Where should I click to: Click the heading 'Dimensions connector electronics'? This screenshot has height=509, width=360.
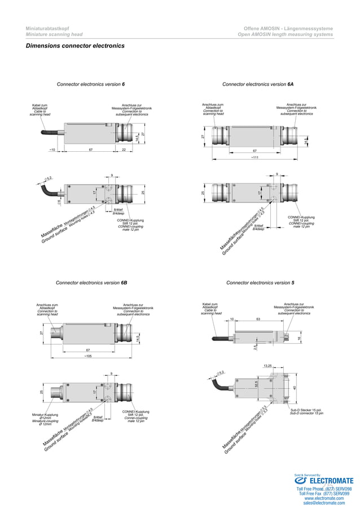coord(75,46)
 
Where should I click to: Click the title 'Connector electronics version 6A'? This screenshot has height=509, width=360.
coord(258,84)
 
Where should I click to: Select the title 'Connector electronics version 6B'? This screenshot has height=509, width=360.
coord(91,282)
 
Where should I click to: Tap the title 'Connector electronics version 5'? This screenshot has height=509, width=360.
coord(260,282)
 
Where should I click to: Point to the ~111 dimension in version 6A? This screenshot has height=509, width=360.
coord(254,157)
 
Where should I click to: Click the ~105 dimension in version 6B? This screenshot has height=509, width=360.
coord(88,356)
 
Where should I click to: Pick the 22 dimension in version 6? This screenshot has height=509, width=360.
coord(124,150)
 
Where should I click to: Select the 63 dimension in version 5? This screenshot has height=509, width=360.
coord(258,319)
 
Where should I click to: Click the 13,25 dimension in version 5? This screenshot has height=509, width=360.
coord(268,366)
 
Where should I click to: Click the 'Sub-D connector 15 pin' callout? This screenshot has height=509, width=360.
coord(306,412)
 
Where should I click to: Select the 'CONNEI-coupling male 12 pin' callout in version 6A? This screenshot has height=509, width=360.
coord(301,222)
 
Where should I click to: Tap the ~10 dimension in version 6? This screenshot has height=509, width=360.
coord(52,150)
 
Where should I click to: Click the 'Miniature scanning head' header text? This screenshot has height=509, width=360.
coord(54,34)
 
